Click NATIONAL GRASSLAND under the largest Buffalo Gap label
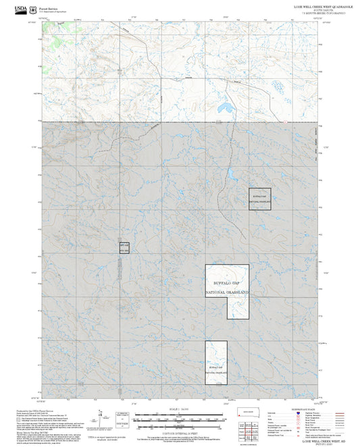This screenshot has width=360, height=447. click(227, 292)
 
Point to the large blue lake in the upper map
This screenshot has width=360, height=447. click(226, 108)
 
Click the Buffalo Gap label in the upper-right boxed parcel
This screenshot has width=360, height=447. click(260, 195)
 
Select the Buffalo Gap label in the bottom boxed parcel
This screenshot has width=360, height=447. click(216, 366)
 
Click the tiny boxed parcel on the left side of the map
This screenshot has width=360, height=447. click(123, 247)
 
